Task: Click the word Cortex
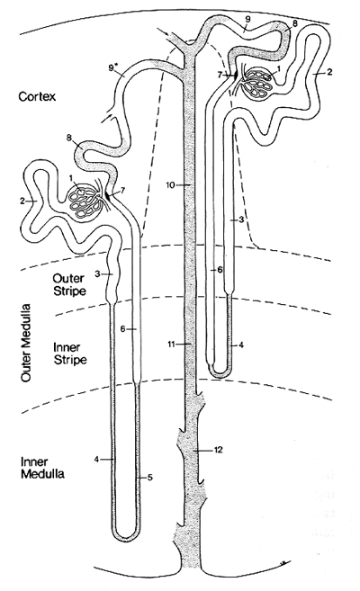(x=37, y=96)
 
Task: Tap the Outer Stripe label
(x=69, y=284)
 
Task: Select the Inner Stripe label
(x=69, y=354)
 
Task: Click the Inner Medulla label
(x=42, y=468)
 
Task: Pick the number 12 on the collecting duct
(x=218, y=450)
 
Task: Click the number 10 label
(x=171, y=184)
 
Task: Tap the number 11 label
(x=172, y=344)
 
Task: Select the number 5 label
(x=149, y=478)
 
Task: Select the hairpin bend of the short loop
(x=219, y=372)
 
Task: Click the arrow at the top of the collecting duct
(x=164, y=31)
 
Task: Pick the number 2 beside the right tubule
(x=330, y=72)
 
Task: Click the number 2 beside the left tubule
(x=22, y=201)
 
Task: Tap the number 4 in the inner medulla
(x=96, y=459)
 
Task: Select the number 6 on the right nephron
(x=220, y=270)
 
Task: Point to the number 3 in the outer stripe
(x=97, y=274)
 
